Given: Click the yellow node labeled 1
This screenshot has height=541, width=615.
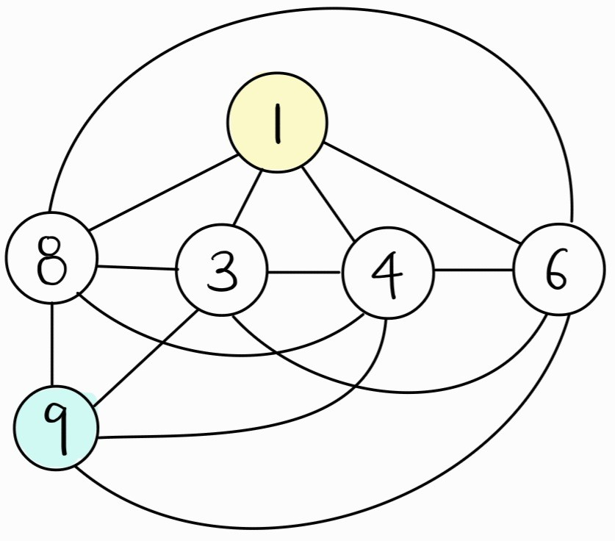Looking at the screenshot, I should tap(276, 122).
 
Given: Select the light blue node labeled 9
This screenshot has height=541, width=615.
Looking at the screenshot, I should tap(57, 429).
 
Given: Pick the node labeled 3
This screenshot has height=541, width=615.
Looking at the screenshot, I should tap(221, 270).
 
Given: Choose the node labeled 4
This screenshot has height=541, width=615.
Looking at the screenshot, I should tap(387, 272).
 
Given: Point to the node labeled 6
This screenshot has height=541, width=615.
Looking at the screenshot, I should tap(558, 269).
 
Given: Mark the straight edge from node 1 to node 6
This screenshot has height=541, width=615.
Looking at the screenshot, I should tap(422, 192).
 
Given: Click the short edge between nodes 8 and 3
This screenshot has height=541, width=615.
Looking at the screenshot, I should tap(137, 267).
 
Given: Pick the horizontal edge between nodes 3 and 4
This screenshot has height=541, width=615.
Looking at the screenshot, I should tap(303, 273).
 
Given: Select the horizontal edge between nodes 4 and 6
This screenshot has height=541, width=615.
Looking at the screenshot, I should tap(473, 270).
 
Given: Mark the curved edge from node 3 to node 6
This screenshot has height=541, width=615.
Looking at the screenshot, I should tap(397, 390).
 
